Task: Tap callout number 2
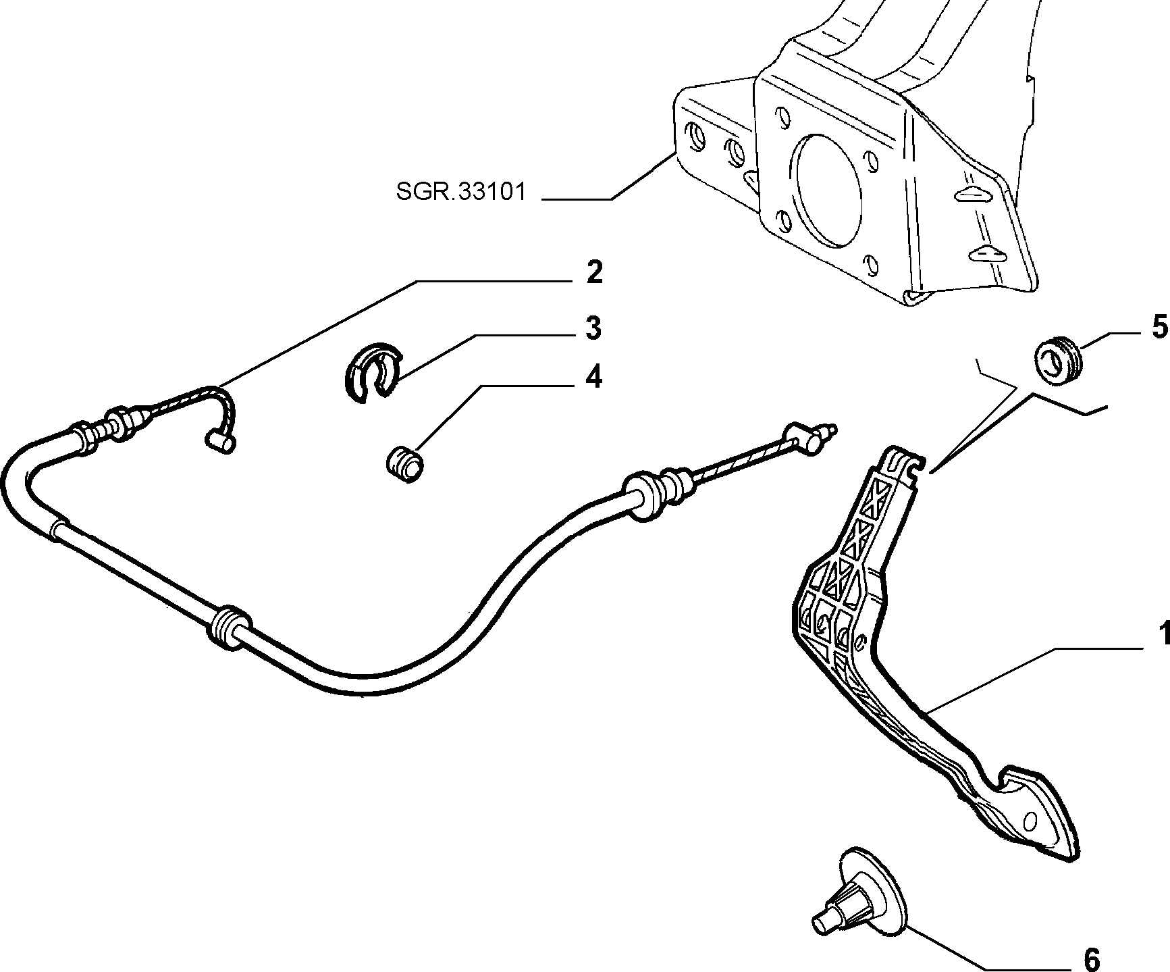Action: (x=593, y=273)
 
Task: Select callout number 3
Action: (x=592, y=328)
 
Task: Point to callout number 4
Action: (x=593, y=378)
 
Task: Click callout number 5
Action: (x=1159, y=328)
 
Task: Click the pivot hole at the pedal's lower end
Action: (x=1030, y=821)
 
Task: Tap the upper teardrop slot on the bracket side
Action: (x=975, y=194)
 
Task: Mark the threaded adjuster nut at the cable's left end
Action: (x=121, y=424)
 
